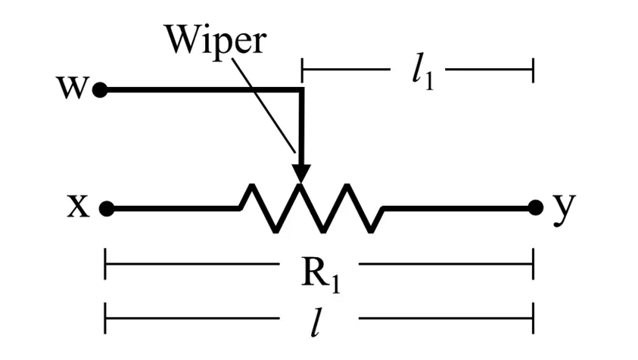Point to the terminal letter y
[x=561, y=208]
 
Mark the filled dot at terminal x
[x=107, y=208]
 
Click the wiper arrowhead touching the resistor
[x=301, y=172]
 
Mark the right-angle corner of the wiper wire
[x=301, y=91]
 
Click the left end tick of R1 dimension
[x=105, y=268]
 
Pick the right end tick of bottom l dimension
[x=534, y=318]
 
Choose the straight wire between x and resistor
[x=174, y=208]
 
